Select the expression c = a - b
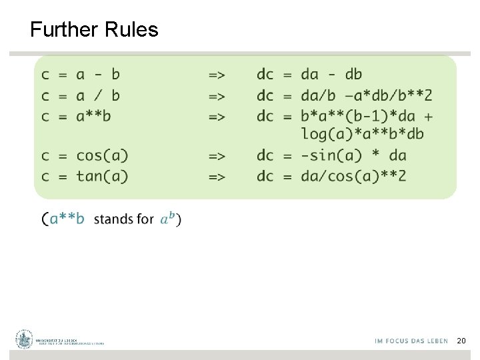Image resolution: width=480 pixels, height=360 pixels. tap(81, 74)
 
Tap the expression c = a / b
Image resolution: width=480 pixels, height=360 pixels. tap(81, 95)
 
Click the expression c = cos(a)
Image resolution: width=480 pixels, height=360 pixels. tap(85, 155)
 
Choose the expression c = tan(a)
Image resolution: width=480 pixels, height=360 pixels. tap(85, 176)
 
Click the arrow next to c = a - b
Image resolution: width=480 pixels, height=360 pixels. tap(217, 75)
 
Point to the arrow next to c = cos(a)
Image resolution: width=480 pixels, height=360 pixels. tap(217, 156)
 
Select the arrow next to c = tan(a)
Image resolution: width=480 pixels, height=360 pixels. tap(217, 177)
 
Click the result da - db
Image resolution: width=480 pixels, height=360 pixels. tap(331, 74)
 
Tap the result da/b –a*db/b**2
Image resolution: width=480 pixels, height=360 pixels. tap(367, 95)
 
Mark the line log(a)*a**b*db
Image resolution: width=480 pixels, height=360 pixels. tap(362, 133)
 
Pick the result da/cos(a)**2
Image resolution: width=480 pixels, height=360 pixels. tap(353, 176)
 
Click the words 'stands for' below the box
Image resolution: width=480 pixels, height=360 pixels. tap(124, 219)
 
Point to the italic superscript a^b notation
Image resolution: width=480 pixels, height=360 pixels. tap(167, 218)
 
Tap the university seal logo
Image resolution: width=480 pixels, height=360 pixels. tap(25, 339)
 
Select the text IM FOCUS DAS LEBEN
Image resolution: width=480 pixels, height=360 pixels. tap(411, 341)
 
